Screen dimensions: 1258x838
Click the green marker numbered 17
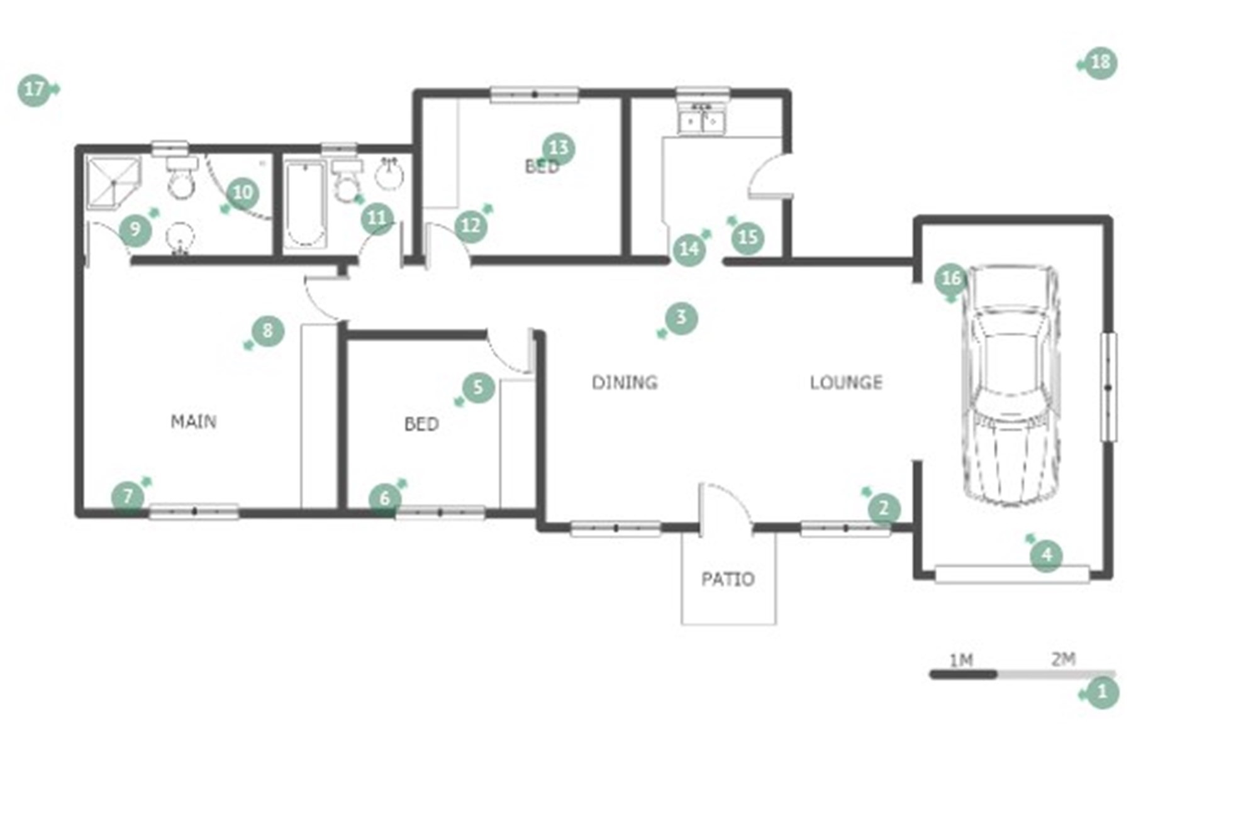point(35,90)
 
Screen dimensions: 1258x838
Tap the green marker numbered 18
point(1100,63)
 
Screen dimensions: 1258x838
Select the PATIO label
point(728,579)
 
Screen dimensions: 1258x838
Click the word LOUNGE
point(846,382)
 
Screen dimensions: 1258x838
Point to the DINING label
point(625,382)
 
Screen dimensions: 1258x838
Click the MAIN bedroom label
point(194,421)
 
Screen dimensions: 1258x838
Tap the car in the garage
point(1011,385)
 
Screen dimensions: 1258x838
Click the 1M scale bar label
point(961,660)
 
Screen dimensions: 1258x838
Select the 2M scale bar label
point(1064,659)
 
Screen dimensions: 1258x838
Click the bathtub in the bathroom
point(305,204)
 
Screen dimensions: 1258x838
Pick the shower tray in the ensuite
point(113,182)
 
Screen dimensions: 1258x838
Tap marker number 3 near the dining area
point(681,318)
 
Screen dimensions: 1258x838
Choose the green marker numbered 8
point(267,331)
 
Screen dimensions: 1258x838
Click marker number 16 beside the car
point(951,279)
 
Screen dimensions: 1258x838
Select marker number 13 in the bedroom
point(559,149)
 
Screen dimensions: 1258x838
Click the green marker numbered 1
point(1101,692)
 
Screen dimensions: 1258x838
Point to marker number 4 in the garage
point(1046,555)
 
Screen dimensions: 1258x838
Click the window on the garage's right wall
point(1108,387)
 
